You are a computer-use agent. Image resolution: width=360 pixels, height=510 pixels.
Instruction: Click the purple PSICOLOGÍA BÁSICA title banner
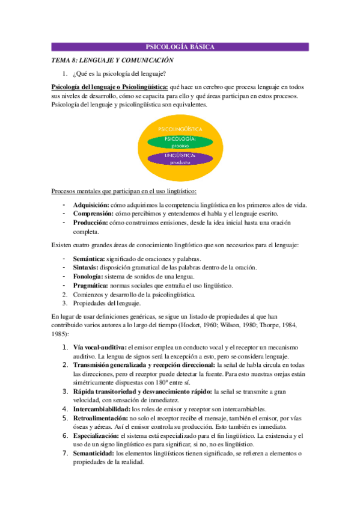180,47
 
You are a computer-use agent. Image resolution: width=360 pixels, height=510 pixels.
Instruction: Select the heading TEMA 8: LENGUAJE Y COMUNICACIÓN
112,60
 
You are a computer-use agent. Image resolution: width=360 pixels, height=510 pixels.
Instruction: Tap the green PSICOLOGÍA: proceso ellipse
180,142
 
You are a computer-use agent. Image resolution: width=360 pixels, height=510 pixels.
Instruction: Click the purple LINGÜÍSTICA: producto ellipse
180,159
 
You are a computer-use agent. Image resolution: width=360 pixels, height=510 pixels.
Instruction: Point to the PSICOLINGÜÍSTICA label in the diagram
180,129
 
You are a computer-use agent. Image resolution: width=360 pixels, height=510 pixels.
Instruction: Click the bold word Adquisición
91,205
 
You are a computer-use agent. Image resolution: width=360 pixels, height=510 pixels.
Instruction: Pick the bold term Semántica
89,259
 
